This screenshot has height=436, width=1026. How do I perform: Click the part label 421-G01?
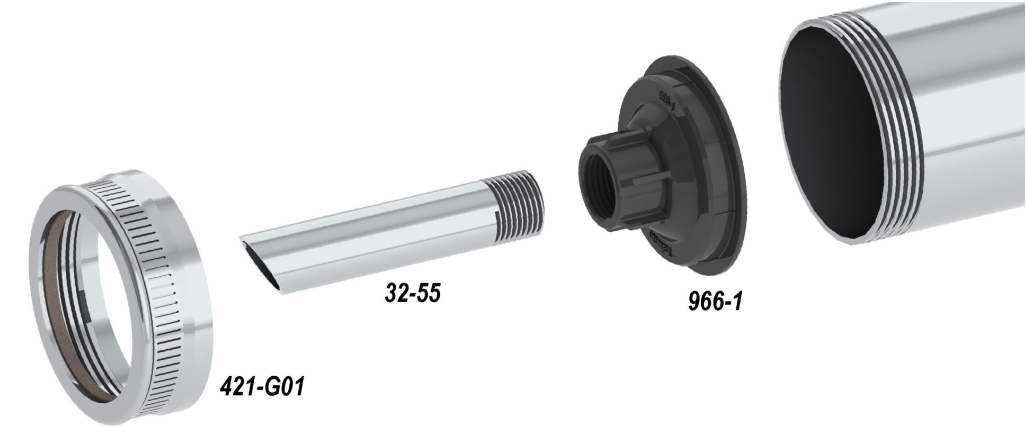tap(262, 386)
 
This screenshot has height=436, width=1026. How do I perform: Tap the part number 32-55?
tap(413, 293)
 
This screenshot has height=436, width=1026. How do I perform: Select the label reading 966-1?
tap(716, 300)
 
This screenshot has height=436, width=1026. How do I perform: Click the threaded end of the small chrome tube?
tap(517, 204)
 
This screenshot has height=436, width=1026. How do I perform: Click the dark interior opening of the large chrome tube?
tap(831, 131)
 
